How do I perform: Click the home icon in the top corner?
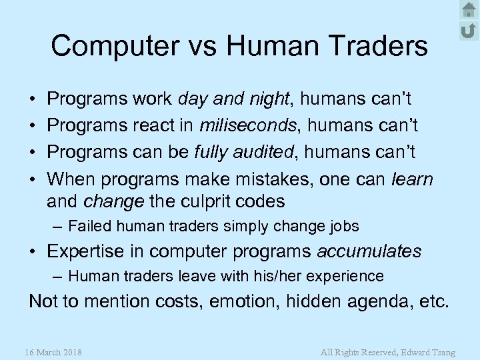(468, 9)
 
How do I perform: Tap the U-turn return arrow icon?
(468, 29)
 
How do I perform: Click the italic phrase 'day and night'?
(235, 99)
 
